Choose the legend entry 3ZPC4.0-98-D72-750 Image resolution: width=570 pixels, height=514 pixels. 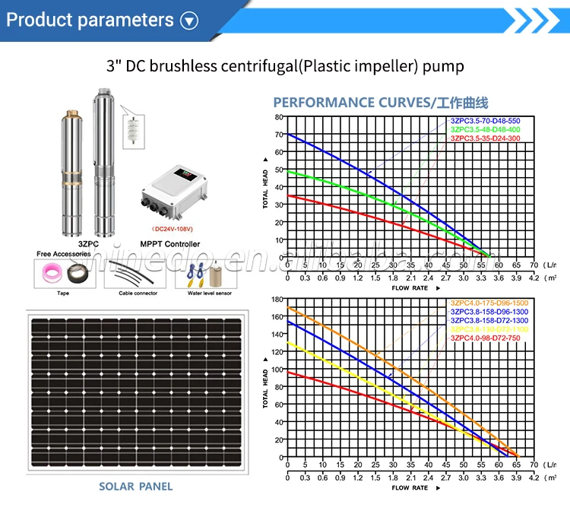pos(486,338)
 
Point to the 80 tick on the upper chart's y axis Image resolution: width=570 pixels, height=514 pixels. pos(279,117)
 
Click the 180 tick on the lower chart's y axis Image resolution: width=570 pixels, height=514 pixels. pos(277,300)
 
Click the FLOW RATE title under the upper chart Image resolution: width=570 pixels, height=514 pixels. pos(410,288)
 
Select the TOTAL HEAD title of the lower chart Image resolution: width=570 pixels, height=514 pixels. pos(265,387)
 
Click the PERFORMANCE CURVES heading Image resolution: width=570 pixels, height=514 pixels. pos(380,103)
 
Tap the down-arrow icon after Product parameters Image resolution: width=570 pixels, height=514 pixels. pos(189,21)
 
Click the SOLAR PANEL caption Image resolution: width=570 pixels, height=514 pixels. pos(135,486)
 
